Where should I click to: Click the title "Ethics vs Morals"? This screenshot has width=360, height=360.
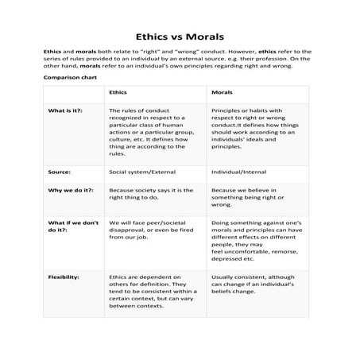click(x=180, y=36)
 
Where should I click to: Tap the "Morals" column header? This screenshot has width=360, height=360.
click(x=222, y=93)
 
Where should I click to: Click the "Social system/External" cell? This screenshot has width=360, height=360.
click(x=142, y=170)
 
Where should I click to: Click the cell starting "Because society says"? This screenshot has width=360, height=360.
click(x=150, y=195)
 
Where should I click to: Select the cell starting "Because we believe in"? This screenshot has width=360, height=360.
click(x=251, y=195)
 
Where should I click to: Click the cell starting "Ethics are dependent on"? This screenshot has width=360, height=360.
click(x=149, y=290)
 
